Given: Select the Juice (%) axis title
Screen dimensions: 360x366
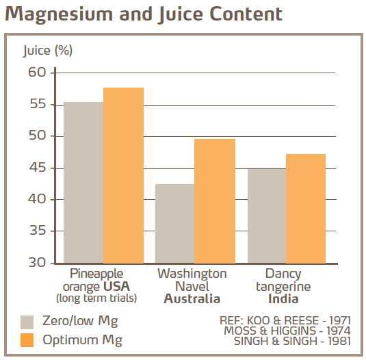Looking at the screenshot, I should tap(48, 51).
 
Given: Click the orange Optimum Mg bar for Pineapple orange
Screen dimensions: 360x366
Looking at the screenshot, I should tap(124, 175).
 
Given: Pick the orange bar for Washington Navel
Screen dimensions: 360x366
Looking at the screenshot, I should tap(215, 201).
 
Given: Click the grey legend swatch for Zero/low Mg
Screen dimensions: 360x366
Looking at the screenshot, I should tap(27, 322).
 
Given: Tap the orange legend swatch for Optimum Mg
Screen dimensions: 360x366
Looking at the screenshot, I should tap(27, 339).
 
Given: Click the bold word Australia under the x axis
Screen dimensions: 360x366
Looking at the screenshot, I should tap(192, 299).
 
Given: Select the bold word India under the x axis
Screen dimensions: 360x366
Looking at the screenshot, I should tap(283, 299).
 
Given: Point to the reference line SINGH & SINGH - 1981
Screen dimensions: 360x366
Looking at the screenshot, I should tap(292, 340).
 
